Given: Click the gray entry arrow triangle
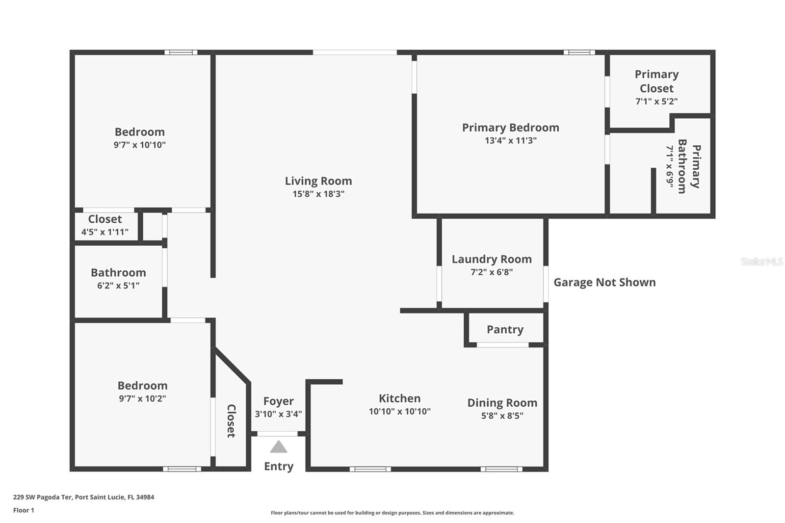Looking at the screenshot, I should (x=279, y=447).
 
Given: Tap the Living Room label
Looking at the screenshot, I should (x=318, y=181).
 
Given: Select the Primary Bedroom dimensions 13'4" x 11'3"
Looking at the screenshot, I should (x=510, y=141).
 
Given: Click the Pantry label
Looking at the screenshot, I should (x=505, y=330).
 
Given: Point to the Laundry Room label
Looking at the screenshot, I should (x=492, y=259).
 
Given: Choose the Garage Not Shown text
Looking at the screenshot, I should (x=604, y=282).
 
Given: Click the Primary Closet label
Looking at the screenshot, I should (x=656, y=81).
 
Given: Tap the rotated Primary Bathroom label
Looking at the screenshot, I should (x=689, y=166).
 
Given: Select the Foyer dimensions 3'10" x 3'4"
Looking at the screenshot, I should (x=278, y=414).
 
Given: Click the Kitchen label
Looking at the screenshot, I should (x=399, y=398).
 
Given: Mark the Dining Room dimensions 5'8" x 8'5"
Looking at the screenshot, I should (x=502, y=416).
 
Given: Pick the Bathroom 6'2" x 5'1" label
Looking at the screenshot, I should (x=118, y=273).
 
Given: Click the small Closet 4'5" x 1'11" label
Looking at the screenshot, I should (x=105, y=219).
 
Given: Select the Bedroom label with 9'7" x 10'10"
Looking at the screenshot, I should (x=139, y=132).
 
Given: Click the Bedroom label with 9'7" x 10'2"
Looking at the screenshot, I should (x=142, y=386).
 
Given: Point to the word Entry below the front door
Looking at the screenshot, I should (x=279, y=466).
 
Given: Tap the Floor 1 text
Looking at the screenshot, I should (x=24, y=510).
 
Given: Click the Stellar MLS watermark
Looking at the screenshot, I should (x=761, y=261).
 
